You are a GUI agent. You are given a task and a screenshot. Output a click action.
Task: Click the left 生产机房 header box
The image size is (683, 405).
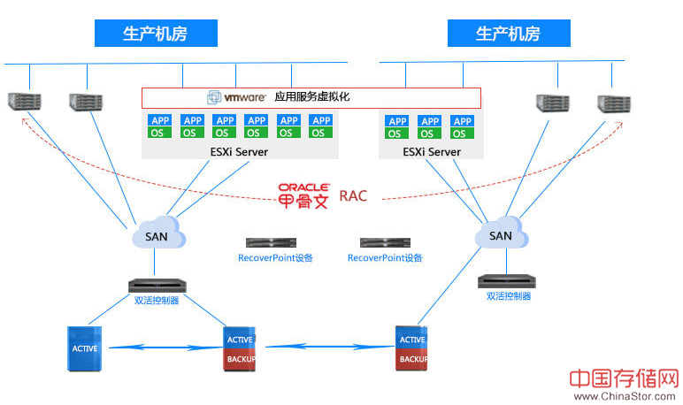(155, 34)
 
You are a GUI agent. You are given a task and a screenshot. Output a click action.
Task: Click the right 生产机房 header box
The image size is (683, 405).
(508, 34)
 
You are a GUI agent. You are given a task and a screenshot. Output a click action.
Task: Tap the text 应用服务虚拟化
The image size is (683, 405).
(312, 97)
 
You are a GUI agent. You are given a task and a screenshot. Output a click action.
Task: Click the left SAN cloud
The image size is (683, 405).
(157, 235)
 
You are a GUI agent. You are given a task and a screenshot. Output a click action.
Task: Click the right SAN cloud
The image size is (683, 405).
(501, 235)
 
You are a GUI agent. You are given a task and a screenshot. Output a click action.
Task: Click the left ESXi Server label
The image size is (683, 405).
(235, 152)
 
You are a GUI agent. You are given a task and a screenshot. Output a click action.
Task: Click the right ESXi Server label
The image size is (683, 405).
(431, 152)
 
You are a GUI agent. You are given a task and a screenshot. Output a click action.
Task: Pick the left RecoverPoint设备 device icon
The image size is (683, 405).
(271, 242)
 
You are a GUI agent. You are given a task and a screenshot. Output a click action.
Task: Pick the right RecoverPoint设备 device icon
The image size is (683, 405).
(385, 242)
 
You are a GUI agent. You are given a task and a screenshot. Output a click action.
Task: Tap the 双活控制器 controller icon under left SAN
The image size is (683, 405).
(156, 286)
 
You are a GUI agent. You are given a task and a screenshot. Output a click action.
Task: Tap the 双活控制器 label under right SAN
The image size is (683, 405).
(509, 296)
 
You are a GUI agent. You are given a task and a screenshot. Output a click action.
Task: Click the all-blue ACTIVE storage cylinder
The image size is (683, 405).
(85, 348)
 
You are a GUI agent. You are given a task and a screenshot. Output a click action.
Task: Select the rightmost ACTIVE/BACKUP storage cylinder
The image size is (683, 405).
(412, 348)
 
